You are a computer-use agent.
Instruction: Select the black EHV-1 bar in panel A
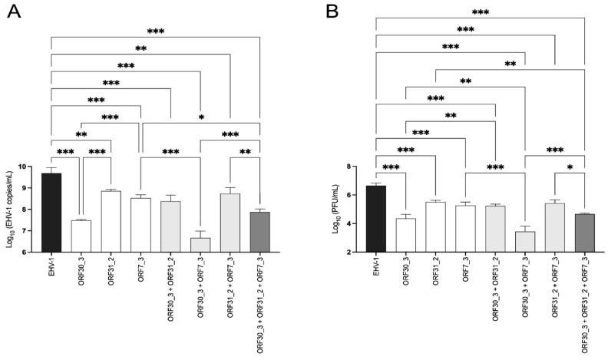pos(51,212)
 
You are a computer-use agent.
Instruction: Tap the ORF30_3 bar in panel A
pos(81,236)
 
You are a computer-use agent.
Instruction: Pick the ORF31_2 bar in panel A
pos(111,221)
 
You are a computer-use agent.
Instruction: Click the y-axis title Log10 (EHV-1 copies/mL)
pos(13,209)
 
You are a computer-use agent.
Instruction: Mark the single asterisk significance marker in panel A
pos(200,117)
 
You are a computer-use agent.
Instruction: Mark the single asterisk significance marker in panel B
pos(570,167)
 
